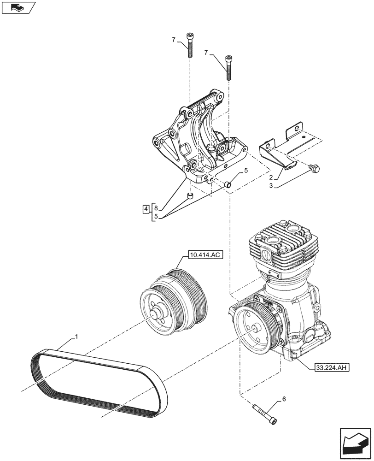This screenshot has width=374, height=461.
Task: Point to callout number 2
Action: (271, 177)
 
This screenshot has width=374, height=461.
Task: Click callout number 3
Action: (271, 185)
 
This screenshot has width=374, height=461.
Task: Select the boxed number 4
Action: (146, 209)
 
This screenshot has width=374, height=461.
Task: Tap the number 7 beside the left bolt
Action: (174, 40)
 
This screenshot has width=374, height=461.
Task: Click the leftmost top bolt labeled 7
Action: (189, 45)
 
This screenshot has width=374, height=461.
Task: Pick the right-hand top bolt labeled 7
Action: (228, 67)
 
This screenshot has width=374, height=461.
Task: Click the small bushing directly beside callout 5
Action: (228, 185)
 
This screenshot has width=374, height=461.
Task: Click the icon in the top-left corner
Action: (18, 7)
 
